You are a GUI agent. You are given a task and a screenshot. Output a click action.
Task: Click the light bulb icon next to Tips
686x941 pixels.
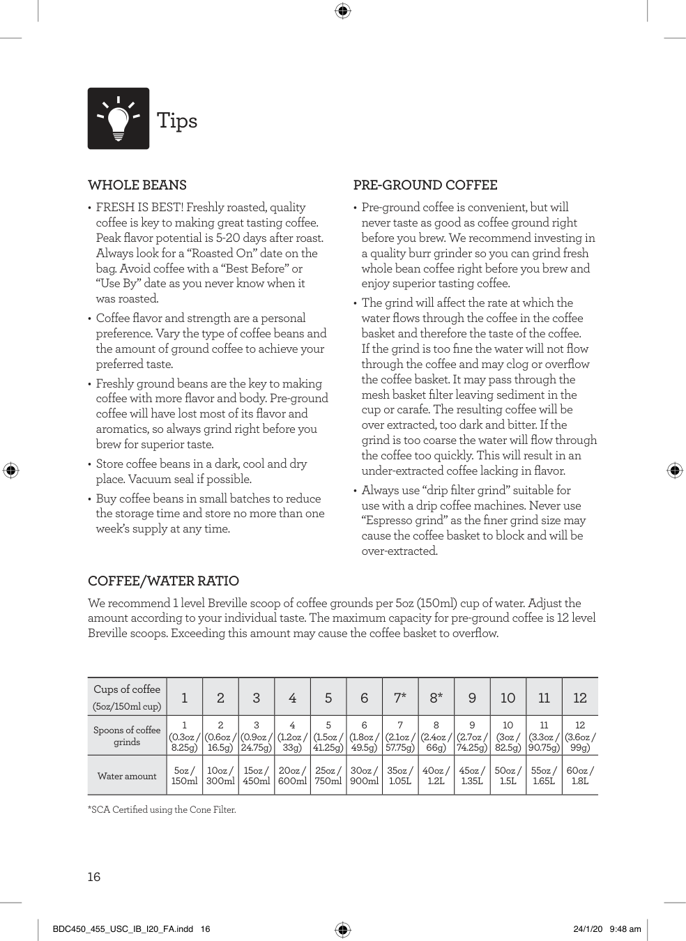119,118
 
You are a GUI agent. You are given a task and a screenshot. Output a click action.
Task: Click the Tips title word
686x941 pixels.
177,121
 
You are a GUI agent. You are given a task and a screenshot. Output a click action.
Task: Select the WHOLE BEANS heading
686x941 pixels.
137,185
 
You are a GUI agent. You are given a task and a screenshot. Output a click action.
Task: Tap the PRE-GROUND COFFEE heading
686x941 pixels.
425,185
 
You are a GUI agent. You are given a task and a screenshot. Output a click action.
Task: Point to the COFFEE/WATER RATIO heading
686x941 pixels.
163,581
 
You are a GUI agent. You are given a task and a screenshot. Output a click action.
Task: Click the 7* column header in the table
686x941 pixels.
400,698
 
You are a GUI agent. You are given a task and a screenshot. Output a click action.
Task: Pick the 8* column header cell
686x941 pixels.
436,698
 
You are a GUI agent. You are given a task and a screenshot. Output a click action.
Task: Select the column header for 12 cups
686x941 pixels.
580,698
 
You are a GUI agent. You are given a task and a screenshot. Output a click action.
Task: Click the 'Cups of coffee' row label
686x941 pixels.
127,697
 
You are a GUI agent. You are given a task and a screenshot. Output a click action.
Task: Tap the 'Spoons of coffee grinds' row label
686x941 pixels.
127,736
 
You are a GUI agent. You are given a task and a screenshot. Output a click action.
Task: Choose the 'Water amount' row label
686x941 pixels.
127,776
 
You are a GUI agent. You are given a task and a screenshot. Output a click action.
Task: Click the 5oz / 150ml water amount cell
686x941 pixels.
184,776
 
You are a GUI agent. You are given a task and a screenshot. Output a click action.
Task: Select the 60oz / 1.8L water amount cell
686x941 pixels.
580,776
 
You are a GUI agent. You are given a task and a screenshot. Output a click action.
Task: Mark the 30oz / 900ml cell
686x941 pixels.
364,776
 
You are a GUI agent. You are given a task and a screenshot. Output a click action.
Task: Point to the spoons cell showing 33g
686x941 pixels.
292,736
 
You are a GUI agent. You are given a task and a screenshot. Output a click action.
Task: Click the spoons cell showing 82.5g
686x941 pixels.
508,736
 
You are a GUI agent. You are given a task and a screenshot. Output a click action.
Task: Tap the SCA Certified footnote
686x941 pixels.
162,810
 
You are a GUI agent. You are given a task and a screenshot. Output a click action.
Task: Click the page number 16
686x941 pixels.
94,877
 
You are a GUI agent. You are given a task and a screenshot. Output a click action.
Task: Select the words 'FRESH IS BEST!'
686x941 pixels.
139,207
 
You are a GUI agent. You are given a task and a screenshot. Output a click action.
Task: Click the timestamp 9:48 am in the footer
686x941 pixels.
625,929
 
